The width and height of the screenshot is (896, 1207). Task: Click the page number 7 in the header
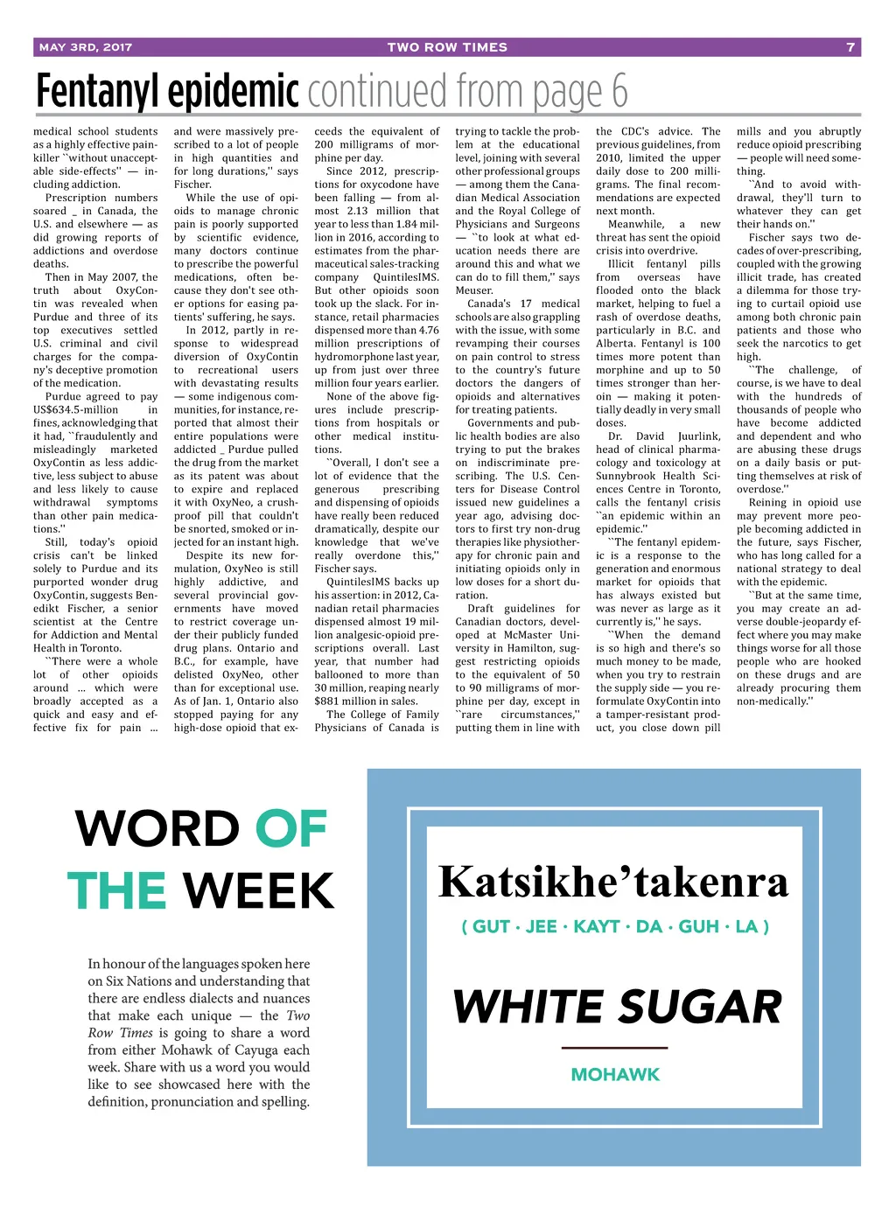pyautogui.click(x=850, y=47)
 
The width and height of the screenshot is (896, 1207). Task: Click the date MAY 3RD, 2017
pyautogui.click(x=86, y=47)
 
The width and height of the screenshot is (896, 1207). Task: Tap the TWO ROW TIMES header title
pyautogui.click(x=447, y=47)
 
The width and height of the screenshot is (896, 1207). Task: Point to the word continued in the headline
pyautogui.click(x=377, y=91)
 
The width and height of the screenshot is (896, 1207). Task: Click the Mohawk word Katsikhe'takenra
pyautogui.click(x=612, y=882)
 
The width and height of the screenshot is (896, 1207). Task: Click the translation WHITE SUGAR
pyautogui.click(x=617, y=1007)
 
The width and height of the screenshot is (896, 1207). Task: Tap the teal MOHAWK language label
pyautogui.click(x=615, y=1074)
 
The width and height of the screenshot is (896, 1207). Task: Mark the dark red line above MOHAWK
pyautogui.click(x=614, y=1047)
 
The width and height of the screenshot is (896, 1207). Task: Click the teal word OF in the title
pyautogui.click(x=290, y=829)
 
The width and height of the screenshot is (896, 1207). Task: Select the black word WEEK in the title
pyautogui.click(x=259, y=890)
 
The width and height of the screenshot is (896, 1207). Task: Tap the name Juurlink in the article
pyautogui.click(x=699, y=436)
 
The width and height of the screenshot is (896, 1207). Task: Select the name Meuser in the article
pyautogui.click(x=474, y=290)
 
